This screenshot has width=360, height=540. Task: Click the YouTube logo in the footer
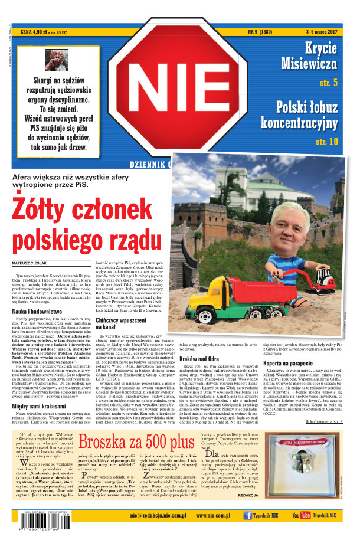tap(301, 515)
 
